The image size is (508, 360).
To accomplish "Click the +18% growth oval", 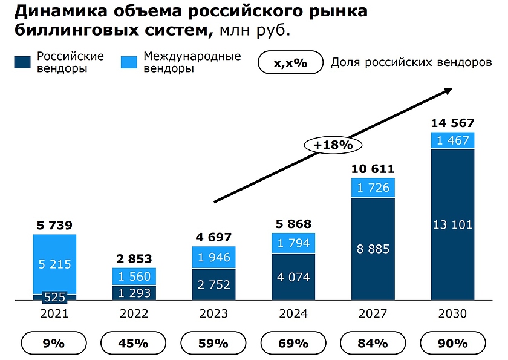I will tap(332, 145).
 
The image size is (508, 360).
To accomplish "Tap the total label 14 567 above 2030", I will tap(452, 123).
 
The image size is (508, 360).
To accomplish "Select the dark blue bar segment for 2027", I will tap(373, 248).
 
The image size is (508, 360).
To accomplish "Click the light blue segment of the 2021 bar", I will tap(55, 264).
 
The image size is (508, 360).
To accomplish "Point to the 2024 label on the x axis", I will tap(294, 314).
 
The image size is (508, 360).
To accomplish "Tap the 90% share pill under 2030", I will tap(453, 344).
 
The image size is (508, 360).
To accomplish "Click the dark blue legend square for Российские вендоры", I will tap(22, 62).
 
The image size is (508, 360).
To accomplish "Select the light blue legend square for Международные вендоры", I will tap(129, 62).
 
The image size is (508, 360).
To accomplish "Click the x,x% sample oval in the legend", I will tap(290, 63).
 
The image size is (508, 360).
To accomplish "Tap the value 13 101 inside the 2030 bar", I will tap(452, 225).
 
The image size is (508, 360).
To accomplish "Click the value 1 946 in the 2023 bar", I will tap(214, 258).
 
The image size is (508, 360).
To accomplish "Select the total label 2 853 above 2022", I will tap(134, 258).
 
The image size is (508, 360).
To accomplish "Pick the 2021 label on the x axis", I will tap(55, 314).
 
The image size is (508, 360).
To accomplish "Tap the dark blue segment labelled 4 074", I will tap(293, 277).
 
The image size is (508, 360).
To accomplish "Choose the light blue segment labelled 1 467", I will tap(452, 140).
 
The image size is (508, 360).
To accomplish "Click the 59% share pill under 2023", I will tap(214, 344).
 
